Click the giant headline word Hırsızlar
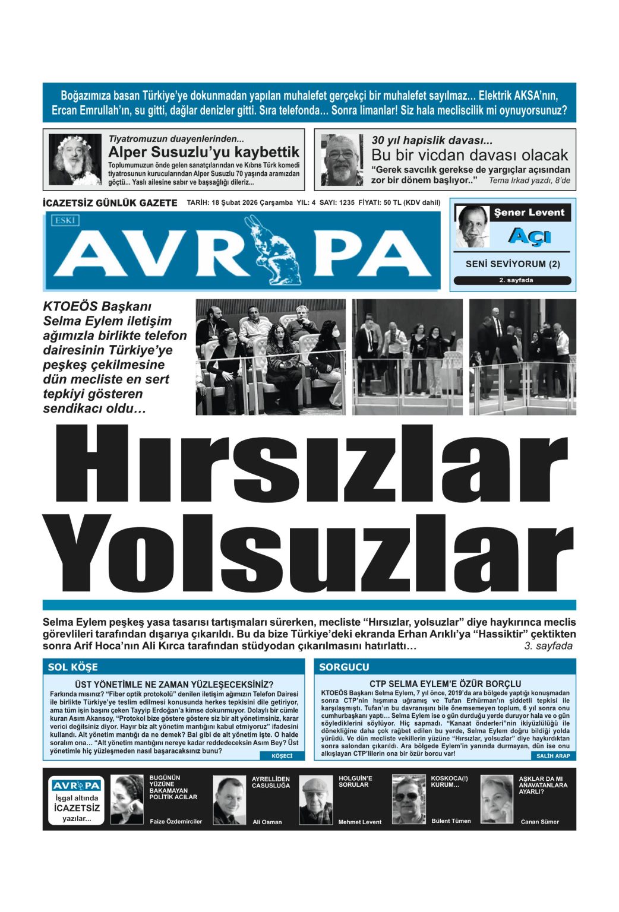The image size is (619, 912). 309,468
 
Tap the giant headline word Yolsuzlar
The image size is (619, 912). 309,553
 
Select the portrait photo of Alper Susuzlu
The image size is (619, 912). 75,159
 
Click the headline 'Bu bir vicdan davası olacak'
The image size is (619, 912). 469,155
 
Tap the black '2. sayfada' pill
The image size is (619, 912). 512,280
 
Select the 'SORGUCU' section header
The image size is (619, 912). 344,667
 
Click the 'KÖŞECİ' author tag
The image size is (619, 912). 282,756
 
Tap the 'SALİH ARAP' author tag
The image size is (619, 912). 552,756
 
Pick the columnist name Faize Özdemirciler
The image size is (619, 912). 175,822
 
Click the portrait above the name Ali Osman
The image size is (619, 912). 229,799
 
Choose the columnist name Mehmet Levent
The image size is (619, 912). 359,822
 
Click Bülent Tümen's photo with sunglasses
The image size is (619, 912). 409,799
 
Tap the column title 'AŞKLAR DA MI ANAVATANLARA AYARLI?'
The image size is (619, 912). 543,784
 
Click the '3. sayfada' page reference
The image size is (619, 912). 548,646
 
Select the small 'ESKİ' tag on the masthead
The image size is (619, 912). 65,220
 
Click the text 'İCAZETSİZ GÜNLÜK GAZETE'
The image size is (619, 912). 110,203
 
